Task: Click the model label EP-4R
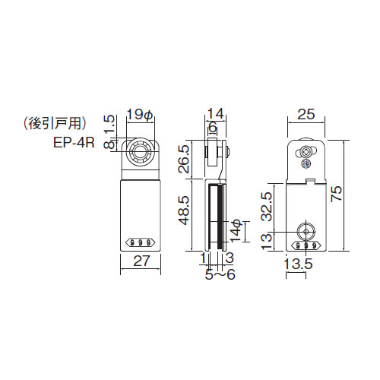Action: [x=74, y=143]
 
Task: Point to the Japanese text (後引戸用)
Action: [x=55, y=124]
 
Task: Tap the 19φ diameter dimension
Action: [x=140, y=115]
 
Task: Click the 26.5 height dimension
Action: [x=184, y=159]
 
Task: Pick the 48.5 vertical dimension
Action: [x=184, y=210]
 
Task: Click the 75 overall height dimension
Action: [x=337, y=194]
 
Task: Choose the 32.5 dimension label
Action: [x=268, y=207]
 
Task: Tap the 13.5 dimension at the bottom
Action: [x=298, y=264]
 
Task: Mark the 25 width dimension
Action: [x=306, y=114]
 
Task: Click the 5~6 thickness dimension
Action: [x=220, y=274]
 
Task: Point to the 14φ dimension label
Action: [x=236, y=231]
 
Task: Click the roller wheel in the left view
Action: [x=139, y=154]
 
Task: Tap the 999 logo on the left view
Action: [x=140, y=243]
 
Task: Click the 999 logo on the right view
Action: [x=306, y=245]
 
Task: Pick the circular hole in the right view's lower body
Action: [x=306, y=231]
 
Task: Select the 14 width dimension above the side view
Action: [x=216, y=113]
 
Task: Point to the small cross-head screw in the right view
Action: [x=306, y=163]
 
